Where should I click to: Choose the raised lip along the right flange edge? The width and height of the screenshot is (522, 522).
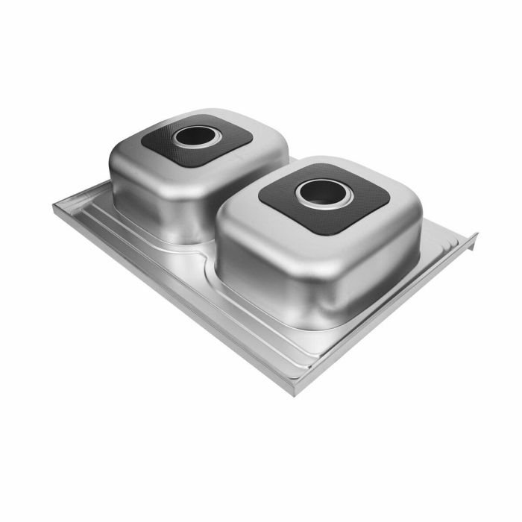click(x=466, y=246)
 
